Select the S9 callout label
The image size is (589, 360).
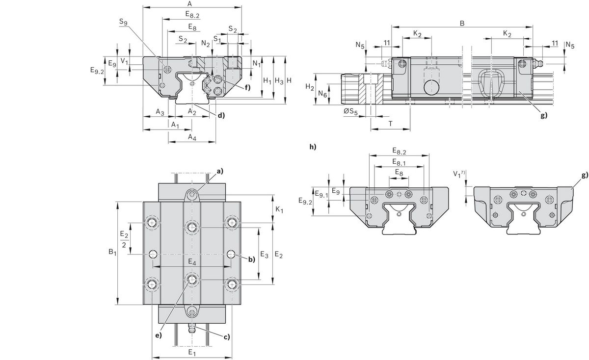click(123, 22)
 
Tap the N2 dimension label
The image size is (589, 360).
click(206, 43)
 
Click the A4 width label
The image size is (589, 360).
click(192, 138)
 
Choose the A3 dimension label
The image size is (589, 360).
click(160, 112)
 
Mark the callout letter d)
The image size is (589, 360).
click(221, 116)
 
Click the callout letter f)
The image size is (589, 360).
click(247, 87)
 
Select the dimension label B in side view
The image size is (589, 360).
click(461, 23)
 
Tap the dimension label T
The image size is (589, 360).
click(390, 125)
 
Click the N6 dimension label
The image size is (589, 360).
click(322, 93)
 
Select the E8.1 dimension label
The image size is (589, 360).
click(399, 162)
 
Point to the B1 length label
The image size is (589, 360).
click(112, 253)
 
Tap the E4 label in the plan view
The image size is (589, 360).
click(192, 263)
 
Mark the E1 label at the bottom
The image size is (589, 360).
click(192, 353)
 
